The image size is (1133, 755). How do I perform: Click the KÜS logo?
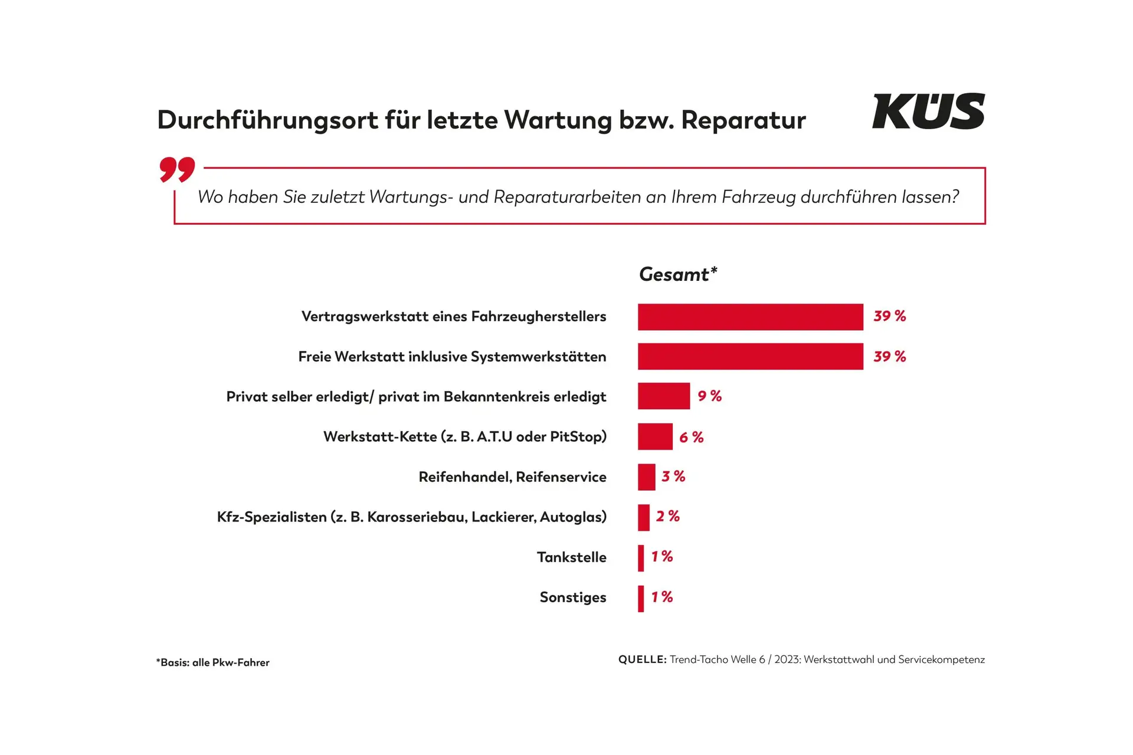click(928, 111)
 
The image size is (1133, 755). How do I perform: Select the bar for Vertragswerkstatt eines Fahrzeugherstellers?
click(750, 317)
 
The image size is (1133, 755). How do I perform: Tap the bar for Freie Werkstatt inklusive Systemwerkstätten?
click(750, 357)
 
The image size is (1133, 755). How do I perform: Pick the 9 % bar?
click(663, 396)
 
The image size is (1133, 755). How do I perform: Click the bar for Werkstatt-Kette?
click(655, 437)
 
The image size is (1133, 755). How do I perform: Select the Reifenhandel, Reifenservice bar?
click(646, 477)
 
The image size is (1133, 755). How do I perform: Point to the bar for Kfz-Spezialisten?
click(643, 517)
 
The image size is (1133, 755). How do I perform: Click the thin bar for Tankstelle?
click(641, 558)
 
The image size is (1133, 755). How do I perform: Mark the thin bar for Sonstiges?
click(641, 598)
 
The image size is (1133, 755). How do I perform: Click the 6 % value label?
click(691, 438)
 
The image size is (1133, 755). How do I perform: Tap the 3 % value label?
click(673, 477)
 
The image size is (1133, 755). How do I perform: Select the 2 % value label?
click(667, 517)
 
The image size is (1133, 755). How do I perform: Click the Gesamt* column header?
click(677, 274)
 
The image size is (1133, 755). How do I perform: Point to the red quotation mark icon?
click(177, 169)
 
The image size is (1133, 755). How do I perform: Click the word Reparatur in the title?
click(743, 120)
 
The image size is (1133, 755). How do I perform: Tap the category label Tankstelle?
click(571, 557)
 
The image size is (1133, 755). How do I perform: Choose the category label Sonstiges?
click(572, 598)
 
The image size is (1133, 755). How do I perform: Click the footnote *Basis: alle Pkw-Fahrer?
click(212, 662)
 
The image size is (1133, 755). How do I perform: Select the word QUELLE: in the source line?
click(642, 659)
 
